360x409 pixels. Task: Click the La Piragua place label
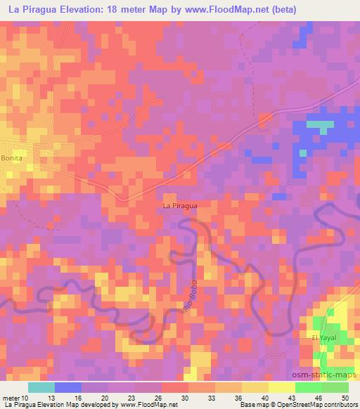point(179,206)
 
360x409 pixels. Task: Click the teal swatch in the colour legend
point(41,388)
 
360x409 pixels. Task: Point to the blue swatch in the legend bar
point(68,388)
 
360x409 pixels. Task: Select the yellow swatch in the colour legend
point(281,388)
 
